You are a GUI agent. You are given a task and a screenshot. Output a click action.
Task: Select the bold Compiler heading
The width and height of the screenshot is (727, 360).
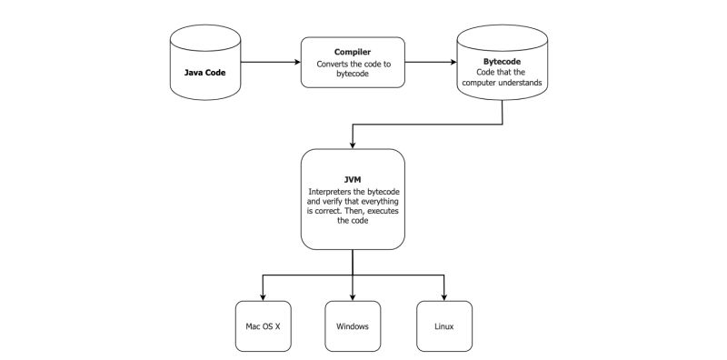point(353,51)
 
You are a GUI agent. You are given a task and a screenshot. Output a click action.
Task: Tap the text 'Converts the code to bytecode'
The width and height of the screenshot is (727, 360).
point(353,71)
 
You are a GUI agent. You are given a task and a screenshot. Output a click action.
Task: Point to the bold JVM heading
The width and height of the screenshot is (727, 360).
point(353,180)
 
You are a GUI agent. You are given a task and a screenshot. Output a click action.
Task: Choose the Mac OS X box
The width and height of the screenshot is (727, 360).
point(264,325)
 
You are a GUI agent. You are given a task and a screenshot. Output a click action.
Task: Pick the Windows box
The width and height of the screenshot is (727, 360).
point(353,325)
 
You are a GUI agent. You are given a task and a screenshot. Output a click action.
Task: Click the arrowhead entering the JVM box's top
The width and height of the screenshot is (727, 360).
point(353,145)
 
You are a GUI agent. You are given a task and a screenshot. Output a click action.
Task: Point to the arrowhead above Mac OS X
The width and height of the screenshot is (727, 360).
point(264,295)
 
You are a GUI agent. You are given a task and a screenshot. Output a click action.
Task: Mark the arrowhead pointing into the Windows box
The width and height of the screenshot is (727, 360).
point(353,295)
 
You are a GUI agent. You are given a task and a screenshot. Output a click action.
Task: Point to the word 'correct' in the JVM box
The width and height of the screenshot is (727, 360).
point(324,211)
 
